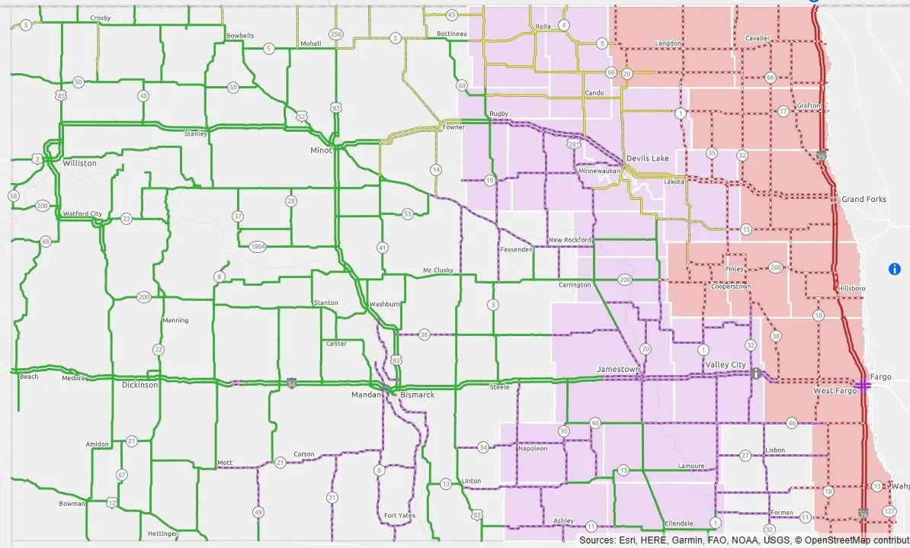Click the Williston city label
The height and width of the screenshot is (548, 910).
click(80, 163)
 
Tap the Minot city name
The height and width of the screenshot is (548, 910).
click(321, 150)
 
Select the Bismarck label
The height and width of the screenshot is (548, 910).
click(417, 395)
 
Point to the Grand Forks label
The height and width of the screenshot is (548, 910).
click(864, 199)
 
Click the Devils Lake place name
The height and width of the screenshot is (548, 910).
click(647, 158)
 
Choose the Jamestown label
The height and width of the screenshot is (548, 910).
click(618, 369)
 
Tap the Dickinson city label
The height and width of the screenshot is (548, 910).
click(140, 385)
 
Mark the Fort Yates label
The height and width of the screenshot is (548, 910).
click(400, 515)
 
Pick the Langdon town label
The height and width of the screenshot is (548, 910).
click(668, 43)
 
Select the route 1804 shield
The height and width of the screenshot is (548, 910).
click(258, 245)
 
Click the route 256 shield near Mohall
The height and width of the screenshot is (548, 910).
click(335, 34)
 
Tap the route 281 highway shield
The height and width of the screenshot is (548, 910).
click(573, 144)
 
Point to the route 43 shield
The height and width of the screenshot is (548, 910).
click(452, 14)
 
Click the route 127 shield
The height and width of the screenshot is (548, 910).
click(889, 511)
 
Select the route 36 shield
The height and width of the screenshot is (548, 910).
click(425, 334)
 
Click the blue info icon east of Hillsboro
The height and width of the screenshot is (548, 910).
click(895, 268)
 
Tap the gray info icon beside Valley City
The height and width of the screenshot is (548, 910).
click(756, 373)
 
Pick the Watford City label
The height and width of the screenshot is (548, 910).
click(83, 213)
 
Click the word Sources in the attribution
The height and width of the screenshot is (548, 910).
click(598, 540)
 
